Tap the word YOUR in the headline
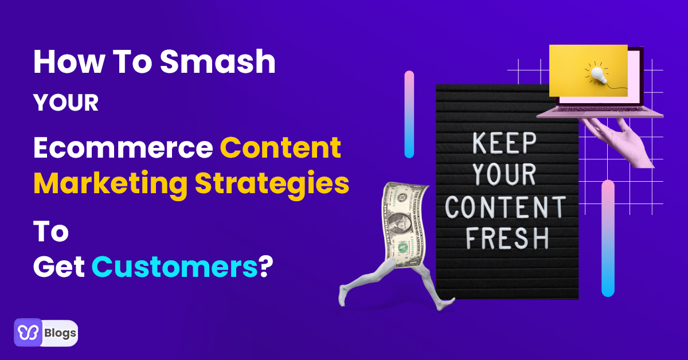point(66,103)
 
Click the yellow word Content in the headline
point(280,148)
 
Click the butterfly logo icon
point(28,333)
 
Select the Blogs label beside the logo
point(60,334)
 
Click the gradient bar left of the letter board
point(409,114)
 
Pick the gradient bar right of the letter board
point(608,238)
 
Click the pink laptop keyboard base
point(599,114)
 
